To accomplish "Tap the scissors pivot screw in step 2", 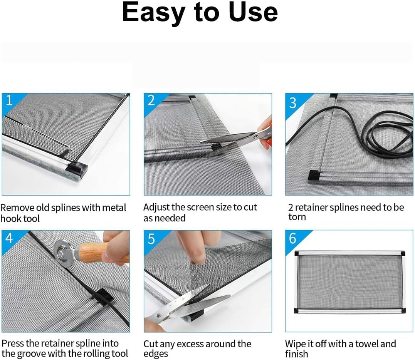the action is pyautogui.click(x=256, y=137).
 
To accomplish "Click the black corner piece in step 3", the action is pyautogui.click(x=315, y=175).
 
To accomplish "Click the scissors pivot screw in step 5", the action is pyautogui.click(x=159, y=315).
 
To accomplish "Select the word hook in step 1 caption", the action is pyautogui.click(x=10, y=218).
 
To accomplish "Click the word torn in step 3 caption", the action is pyautogui.click(x=297, y=217).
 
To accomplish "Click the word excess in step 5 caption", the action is pyautogui.click(x=190, y=344).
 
